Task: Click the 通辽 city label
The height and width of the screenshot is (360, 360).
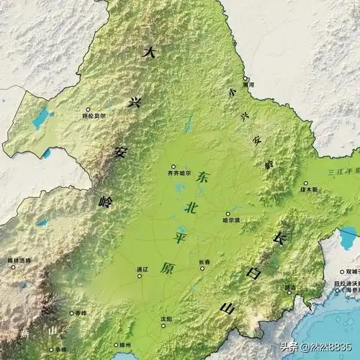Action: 142,269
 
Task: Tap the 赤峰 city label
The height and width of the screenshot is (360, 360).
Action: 78,313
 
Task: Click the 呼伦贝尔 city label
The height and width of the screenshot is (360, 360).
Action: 94,115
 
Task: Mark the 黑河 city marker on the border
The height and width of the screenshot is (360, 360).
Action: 245,78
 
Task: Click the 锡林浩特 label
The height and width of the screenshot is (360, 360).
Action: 19,260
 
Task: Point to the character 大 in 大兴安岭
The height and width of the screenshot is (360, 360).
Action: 150,52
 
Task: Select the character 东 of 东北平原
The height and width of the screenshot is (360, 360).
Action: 204,176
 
